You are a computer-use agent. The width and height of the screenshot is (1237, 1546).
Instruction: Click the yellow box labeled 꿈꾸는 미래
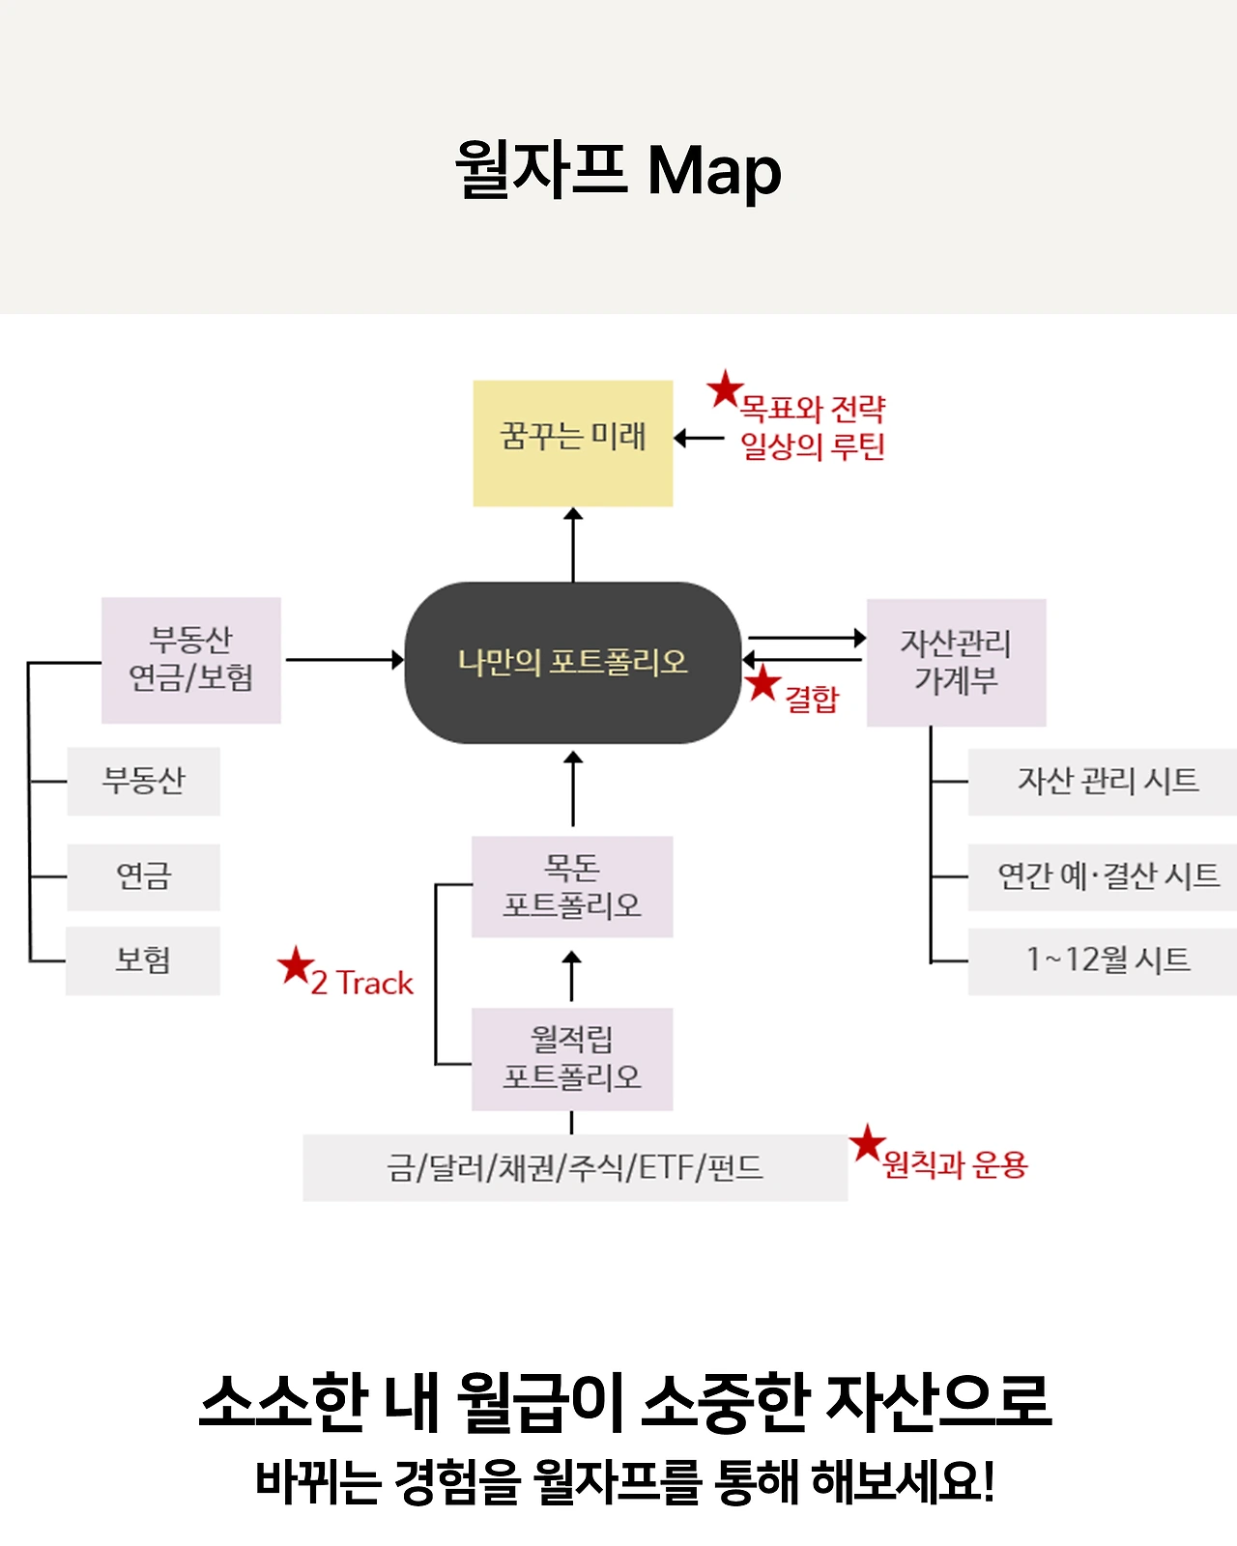pyautogui.click(x=572, y=443)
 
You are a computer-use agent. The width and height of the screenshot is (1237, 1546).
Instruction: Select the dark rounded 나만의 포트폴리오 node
pyautogui.click(x=572, y=662)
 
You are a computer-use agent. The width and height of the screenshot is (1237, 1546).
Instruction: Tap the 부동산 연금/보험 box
pyautogui.click(x=191, y=660)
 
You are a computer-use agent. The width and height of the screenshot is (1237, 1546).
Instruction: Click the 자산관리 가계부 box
pyautogui.click(x=956, y=662)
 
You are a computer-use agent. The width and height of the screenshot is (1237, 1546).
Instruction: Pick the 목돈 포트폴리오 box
pyautogui.click(x=572, y=886)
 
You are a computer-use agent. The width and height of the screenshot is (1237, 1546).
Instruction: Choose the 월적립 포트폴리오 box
pyautogui.click(x=572, y=1058)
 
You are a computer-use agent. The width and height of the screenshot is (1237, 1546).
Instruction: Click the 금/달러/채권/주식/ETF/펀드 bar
pyautogui.click(x=575, y=1167)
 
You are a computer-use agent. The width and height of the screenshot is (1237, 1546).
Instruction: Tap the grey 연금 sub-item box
pyautogui.click(x=143, y=876)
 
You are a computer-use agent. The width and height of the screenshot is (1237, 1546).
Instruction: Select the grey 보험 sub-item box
pyautogui.click(x=143, y=960)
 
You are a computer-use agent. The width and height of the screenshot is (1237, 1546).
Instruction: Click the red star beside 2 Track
pyautogui.click(x=295, y=965)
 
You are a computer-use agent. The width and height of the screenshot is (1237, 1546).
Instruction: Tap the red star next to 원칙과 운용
pyautogui.click(x=868, y=1144)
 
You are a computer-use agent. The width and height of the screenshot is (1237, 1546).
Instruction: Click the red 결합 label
pyautogui.click(x=812, y=699)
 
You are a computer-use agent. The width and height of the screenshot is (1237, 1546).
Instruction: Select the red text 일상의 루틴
pyautogui.click(x=813, y=446)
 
